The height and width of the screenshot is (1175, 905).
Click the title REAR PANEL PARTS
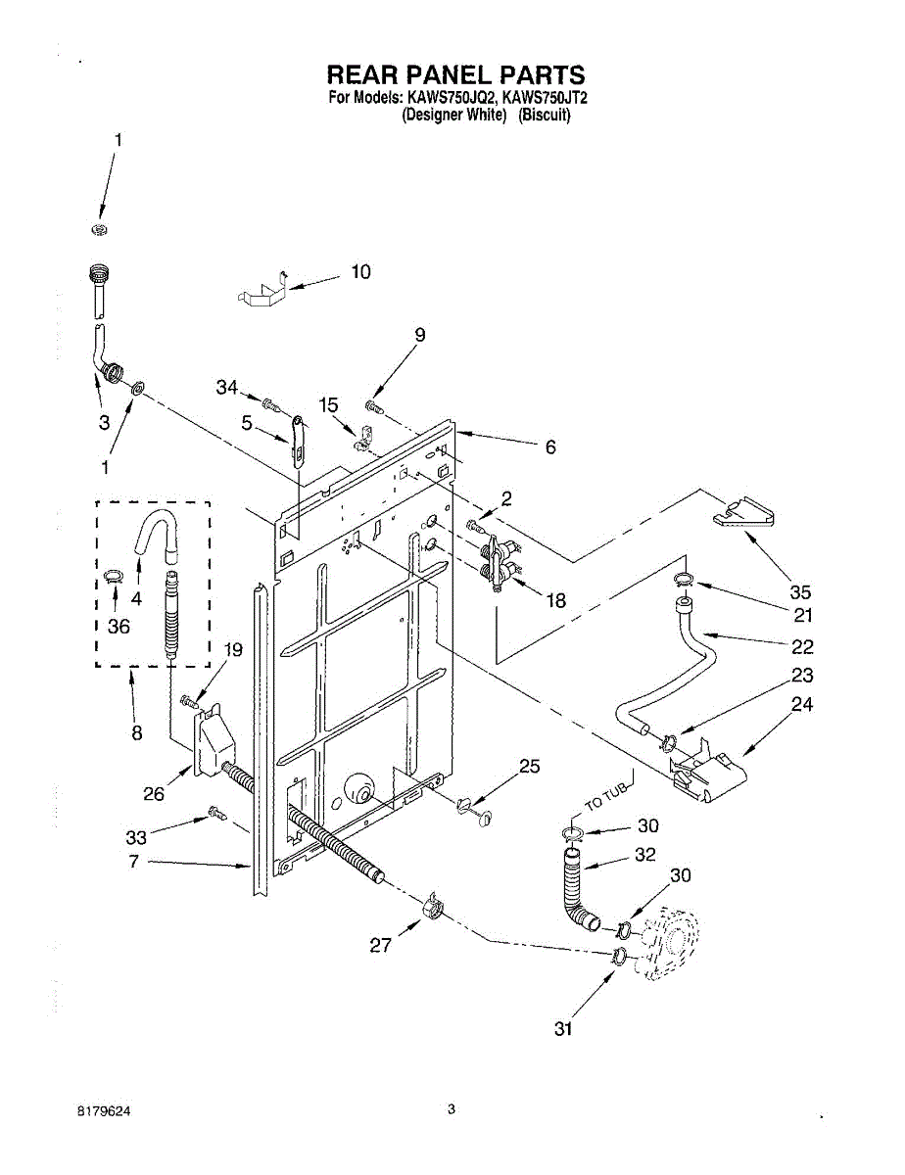(454, 74)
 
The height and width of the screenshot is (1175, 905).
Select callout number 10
(361, 271)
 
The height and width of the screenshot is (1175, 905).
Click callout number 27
(380, 945)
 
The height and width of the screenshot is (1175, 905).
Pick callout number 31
(562, 1028)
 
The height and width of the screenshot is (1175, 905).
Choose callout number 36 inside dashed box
(118, 627)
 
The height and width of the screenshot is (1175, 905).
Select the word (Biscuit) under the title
(545, 115)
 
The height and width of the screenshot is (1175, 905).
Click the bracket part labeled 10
(263, 291)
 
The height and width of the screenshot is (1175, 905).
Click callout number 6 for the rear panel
(549, 446)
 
